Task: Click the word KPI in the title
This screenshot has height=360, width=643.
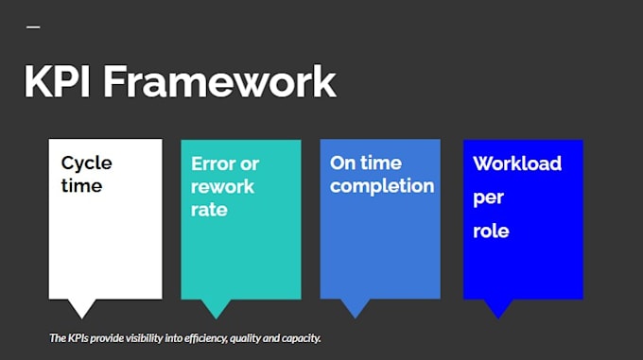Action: [x=57, y=81]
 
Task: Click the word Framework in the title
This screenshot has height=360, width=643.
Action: [x=219, y=81]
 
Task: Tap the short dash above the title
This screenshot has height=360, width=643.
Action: [x=33, y=27]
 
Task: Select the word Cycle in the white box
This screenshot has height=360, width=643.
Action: [x=87, y=163]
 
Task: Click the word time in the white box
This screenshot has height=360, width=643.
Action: [x=81, y=186]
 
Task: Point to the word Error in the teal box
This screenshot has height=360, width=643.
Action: [x=214, y=163]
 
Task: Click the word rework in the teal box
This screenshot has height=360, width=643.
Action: [x=222, y=187]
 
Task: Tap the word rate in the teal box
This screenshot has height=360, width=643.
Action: [x=209, y=210]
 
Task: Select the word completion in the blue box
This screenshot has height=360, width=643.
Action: [x=382, y=187]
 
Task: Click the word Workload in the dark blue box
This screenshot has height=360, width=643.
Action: [x=517, y=163]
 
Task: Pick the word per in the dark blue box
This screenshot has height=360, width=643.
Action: [x=488, y=198]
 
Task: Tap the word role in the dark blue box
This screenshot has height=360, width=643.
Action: [x=491, y=231]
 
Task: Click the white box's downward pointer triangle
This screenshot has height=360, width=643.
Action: [x=82, y=307]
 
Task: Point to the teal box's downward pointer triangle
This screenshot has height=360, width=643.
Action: [x=217, y=307]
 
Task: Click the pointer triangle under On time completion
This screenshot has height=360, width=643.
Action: [x=356, y=307]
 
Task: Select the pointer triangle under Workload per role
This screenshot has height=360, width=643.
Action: [x=498, y=307]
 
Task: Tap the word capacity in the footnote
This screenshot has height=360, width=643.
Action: [x=302, y=338]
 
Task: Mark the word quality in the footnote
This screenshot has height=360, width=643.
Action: [x=245, y=338]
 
